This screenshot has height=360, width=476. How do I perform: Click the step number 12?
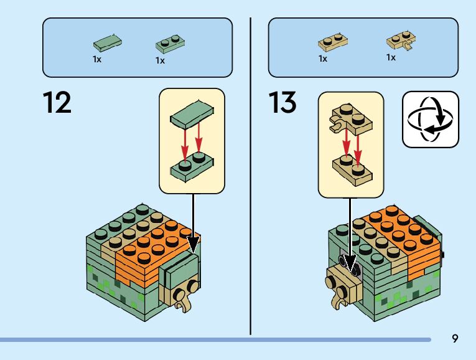(57, 102)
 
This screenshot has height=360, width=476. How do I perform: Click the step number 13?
(282, 102)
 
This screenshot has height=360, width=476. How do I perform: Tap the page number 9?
(455, 338)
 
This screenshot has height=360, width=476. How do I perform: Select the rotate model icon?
(430, 119)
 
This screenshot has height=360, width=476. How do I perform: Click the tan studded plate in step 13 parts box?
(333, 42)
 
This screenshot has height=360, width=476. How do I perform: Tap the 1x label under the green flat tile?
(97, 60)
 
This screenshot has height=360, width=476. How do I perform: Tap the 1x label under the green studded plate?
(160, 61)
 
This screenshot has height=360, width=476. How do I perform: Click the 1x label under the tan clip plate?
(391, 57)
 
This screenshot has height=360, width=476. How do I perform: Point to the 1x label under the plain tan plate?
(323, 59)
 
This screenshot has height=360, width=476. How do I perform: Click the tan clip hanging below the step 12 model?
(182, 303)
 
